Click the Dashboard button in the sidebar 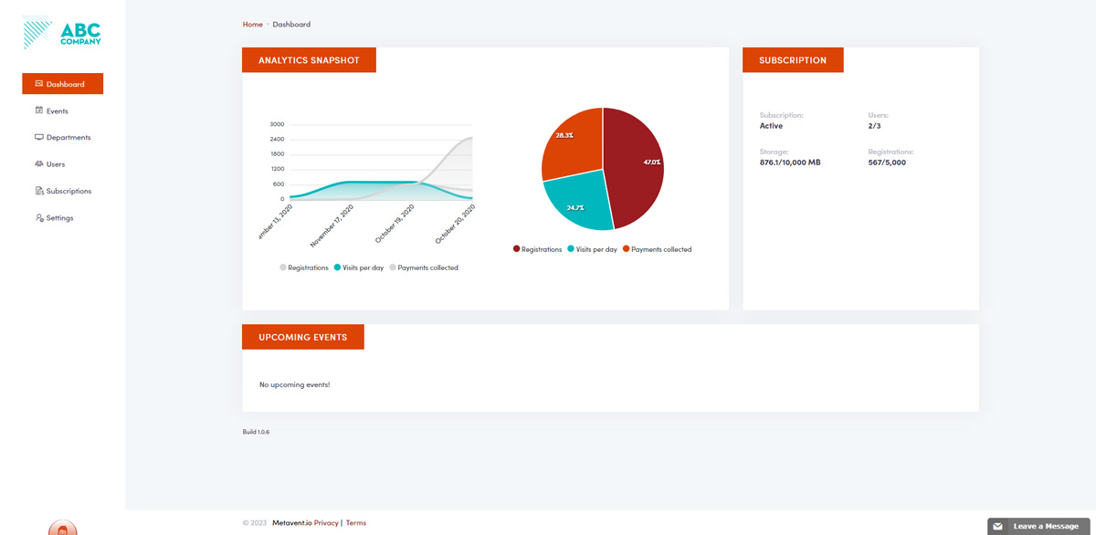click(x=62, y=84)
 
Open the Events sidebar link click(x=57, y=111)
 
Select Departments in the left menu click(x=68, y=138)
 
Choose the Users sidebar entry click(x=55, y=164)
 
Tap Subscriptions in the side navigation click(x=68, y=192)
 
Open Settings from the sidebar click(x=59, y=218)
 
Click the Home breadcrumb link click(x=252, y=25)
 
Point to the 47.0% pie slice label click(x=651, y=163)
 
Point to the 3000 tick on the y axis click(x=277, y=124)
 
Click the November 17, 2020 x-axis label click(x=332, y=226)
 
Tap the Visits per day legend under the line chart click(x=363, y=267)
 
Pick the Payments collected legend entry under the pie click(x=661, y=249)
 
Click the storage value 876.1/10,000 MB click(x=790, y=163)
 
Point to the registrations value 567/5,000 click(x=887, y=163)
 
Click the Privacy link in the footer click(x=326, y=523)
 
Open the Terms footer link click(x=356, y=523)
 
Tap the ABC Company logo click(x=62, y=34)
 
